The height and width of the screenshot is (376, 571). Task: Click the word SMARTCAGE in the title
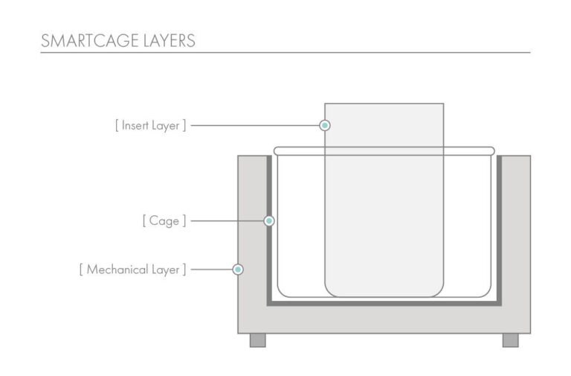pos(89,40)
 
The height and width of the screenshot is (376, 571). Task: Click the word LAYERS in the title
pos(170,40)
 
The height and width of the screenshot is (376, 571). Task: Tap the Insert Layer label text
pos(150,125)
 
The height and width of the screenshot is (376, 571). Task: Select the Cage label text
pos(164,221)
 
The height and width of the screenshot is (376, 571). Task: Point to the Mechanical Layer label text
pos(133,270)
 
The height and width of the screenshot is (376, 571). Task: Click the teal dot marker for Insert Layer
pos(325,125)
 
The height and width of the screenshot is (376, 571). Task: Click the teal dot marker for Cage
pos(269,220)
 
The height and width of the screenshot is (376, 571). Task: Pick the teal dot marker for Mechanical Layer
pos(238,270)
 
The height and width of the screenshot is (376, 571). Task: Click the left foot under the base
pos(258,340)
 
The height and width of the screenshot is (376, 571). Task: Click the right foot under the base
pos(511,340)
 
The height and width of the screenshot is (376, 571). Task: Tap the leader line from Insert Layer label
pos(255,125)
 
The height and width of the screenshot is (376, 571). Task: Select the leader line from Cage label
pos(228,220)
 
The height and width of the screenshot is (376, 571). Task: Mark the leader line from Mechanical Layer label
pos(212,270)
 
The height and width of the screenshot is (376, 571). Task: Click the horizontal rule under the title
pos(285,53)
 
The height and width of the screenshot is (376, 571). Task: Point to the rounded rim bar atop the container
pos(384,151)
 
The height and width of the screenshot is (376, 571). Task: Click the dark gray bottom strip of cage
pos(384,304)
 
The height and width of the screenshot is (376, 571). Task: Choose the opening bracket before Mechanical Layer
pos(81,270)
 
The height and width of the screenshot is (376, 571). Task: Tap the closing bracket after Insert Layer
pos(184,125)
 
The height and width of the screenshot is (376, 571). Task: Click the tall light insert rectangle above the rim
pos(384,125)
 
